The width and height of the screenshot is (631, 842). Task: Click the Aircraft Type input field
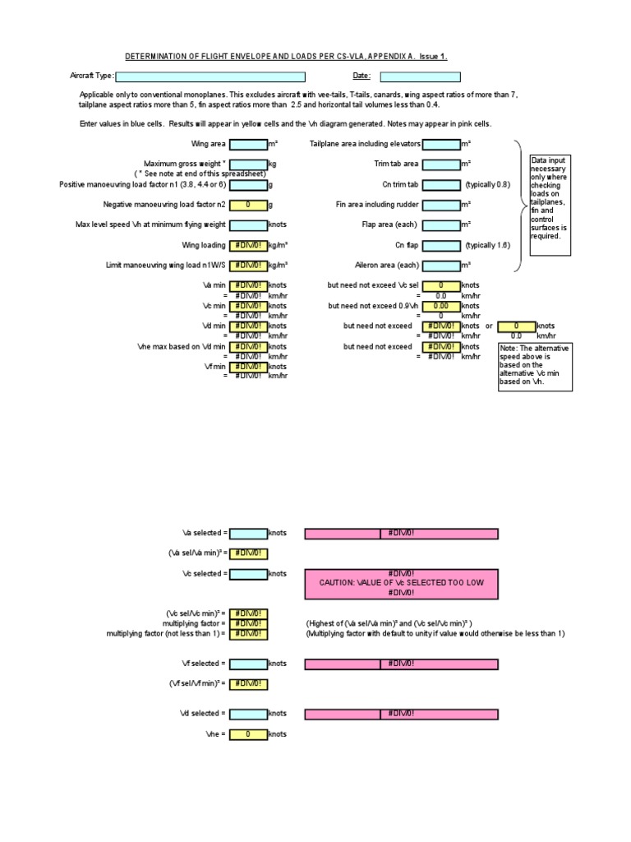(x=210, y=76)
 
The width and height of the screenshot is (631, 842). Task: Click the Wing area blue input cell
(x=248, y=144)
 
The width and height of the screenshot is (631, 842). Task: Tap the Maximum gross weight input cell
(x=248, y=164)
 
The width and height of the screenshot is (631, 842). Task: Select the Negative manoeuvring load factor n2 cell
(x=248, y=205)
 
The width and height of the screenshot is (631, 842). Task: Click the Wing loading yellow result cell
(x=248, y=245)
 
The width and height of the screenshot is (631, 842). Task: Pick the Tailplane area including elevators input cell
(x=441, y=144)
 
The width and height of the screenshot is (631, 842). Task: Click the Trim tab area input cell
(x=441, y=164)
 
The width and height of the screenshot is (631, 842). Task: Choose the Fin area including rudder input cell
(x=441, y=205)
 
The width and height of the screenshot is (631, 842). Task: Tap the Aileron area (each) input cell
(x=441, y=266)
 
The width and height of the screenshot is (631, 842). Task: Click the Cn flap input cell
(x=441, y=245)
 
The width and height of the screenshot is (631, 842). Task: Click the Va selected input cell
(x=248, y=534)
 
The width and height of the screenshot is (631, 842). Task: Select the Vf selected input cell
(x=248, y=664)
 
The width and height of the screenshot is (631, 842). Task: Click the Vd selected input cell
(x=248, y=714)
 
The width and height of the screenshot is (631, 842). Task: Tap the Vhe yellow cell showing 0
(x=248, y=734)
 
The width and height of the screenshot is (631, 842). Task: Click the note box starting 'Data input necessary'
(x=550, y=197)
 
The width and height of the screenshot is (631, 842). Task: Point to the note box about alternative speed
(x=535, y=366)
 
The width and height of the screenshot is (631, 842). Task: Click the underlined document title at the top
(x=286, y=57)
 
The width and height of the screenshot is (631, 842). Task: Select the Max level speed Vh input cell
(x=248, y=224)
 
